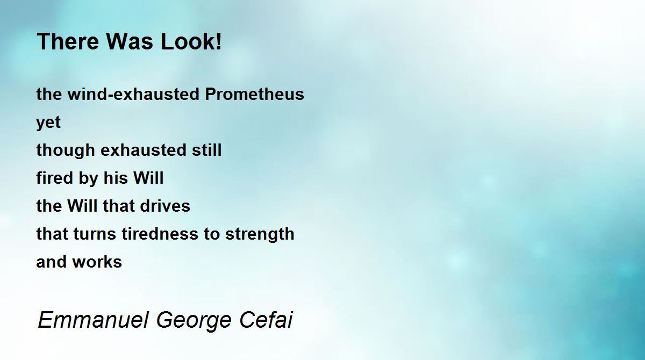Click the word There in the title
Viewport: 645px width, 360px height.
68,41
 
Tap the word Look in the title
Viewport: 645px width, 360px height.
187,41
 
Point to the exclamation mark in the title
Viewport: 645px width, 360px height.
218,41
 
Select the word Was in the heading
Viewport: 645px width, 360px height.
130,41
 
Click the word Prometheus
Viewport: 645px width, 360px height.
254,94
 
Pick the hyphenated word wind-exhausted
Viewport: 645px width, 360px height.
133,94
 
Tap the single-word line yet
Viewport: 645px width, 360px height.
48,123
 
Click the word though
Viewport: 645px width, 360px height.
66,150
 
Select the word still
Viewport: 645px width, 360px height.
207,150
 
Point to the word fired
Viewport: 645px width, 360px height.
54,178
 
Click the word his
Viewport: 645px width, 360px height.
116,178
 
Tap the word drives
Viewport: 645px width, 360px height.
165,206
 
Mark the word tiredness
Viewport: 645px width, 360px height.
160,234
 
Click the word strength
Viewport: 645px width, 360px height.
260,234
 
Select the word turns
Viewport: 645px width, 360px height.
95,234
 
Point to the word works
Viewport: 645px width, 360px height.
97,262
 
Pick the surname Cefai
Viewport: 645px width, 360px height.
266,320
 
